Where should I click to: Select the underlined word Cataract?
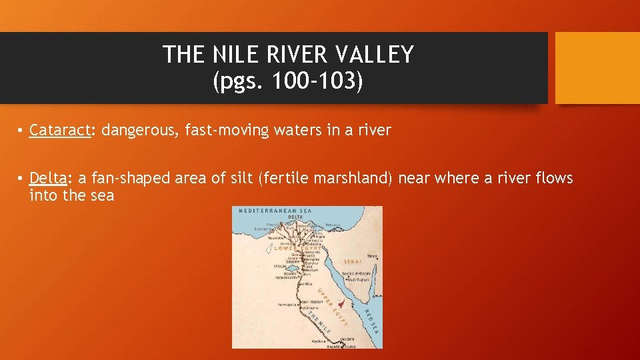coord(59,130)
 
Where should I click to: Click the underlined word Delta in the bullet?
coord(47,178)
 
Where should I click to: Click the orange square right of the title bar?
coord(597,68)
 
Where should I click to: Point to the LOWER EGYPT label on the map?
coord(297,248)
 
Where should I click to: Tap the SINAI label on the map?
coord(353,261)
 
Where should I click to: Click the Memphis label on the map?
coord(313,259)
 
